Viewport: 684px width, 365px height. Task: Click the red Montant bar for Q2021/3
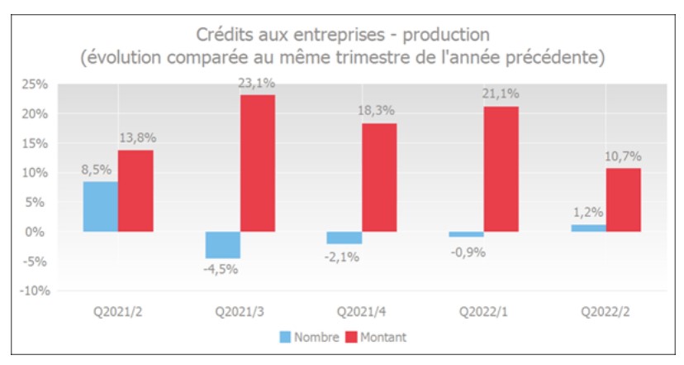(257, 163)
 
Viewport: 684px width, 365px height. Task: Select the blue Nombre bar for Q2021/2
(101, 206)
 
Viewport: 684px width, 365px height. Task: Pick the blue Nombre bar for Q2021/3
(222, 245)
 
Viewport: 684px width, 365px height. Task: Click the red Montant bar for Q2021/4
(379, 177)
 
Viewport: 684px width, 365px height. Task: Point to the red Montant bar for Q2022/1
(501, 169)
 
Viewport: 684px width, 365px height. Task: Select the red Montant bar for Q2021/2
(135, 190)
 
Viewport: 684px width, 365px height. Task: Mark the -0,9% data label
(467, 252)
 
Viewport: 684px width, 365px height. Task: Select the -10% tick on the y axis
(34, 291)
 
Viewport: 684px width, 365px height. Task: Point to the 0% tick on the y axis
(40, 233)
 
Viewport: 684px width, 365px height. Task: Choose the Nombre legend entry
(310, 337)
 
